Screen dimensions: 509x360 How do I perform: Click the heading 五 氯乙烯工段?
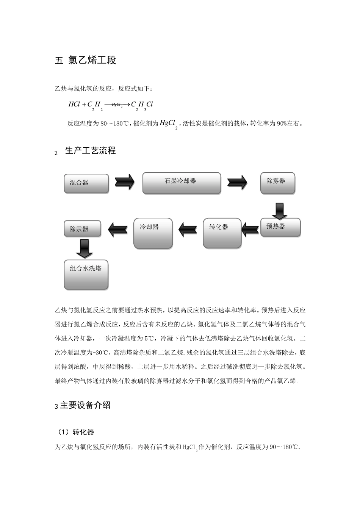pos(85,60)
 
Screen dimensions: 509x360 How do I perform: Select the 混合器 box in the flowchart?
pos(86,184)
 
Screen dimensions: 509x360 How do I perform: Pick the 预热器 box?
pos(280,228)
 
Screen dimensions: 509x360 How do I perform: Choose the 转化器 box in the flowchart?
pos(222,233)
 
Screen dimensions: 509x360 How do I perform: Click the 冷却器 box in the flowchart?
pos(153,233)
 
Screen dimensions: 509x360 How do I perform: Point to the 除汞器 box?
pos(83,229)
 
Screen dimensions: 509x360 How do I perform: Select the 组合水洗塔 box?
pos(86,275)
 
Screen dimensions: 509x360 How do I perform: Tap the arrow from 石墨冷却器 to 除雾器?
pos(237,182)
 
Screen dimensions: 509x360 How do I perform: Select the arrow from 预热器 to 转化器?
pos(250,228)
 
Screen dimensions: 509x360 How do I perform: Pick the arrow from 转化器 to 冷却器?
pos(188,228)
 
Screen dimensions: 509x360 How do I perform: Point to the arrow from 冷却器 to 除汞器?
pos(118,228)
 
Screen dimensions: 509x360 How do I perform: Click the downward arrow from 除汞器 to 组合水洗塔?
pos(84,248)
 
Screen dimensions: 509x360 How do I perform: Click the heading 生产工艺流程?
pos(91,151)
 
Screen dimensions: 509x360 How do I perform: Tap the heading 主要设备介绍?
pos(85,405)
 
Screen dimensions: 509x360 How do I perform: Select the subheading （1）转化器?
pos(76,432)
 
